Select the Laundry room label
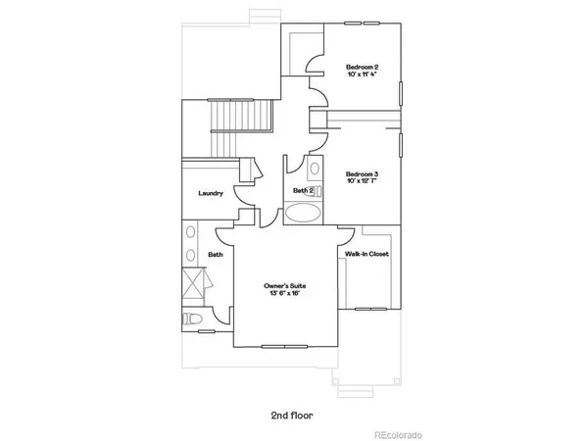(211, 193)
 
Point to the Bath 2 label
(303, 190)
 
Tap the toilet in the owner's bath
(192, 320)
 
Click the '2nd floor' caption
(292, 414)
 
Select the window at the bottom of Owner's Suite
(286, 345)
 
